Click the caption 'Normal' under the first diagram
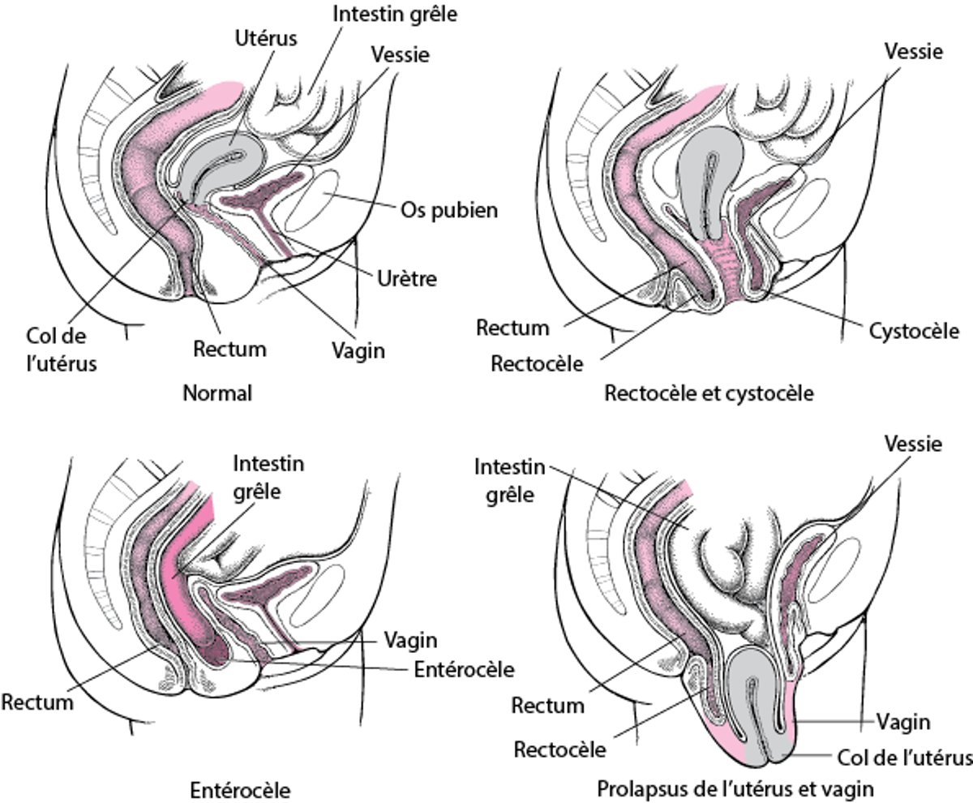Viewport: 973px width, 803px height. [x=217, y=394]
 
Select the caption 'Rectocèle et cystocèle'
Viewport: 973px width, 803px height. [x=709, y=394]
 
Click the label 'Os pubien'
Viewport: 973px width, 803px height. [x=448, y=211]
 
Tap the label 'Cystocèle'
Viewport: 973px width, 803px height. [x=914, y=331]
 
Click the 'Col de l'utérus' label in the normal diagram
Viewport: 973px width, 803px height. [x=61, y=350]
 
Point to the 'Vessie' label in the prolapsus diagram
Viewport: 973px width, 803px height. [x=914, y=444]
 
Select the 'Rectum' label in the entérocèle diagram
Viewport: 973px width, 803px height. [x=37, y=702]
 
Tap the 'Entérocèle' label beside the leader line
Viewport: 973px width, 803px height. [x=464, y=670]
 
